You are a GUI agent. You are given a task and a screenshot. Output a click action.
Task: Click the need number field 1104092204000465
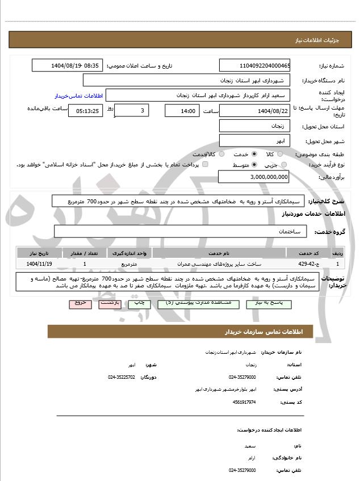click(254, 65)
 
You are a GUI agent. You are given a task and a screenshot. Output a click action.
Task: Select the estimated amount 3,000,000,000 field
click(254, 178)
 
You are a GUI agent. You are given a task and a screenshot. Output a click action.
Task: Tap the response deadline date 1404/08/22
click(254, 111)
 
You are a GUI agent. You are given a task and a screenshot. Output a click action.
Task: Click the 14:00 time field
click(182, 111)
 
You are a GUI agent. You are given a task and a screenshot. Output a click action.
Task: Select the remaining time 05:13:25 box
click(85, 111)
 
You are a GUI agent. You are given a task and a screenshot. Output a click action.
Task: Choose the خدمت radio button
click(253, 154)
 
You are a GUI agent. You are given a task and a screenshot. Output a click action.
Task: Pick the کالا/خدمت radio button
click(221, 154)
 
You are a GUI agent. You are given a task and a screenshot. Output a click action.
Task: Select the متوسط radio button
click(253, 165)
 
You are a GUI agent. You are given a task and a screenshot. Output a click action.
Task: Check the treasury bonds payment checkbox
click(205, 165)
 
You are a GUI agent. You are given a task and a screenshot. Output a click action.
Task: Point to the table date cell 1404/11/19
click(39, 264)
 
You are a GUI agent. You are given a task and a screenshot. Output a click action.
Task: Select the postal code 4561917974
click(245, 402)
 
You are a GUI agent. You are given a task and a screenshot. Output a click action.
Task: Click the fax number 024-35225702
click(122, 377)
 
